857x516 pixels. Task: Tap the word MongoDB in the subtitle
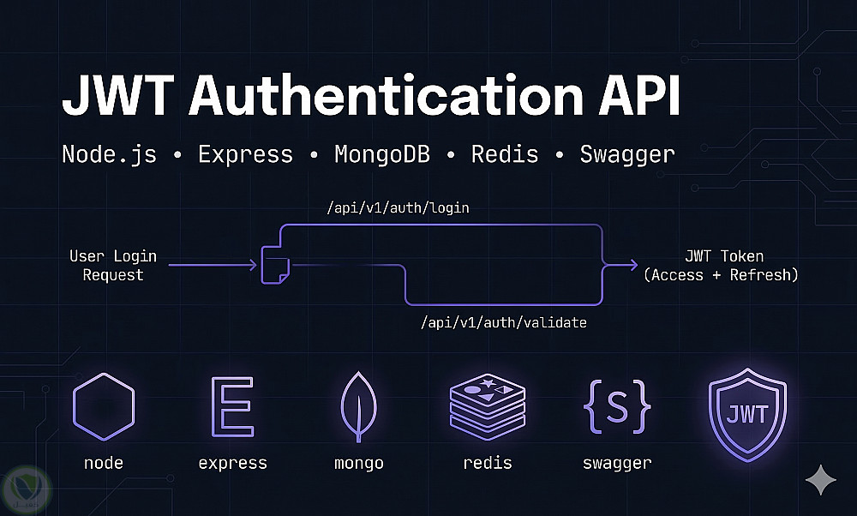tap(381, 154)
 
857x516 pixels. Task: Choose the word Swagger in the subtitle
tap(626, 154)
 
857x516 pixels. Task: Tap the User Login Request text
tap(113, 266)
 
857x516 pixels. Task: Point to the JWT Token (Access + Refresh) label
tap(724, 266)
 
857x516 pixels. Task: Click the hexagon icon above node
tap(103, 405)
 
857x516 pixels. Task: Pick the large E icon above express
tap(232, 405)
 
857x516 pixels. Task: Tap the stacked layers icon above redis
tap(487, 405)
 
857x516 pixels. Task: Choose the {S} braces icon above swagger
tap(617, 405)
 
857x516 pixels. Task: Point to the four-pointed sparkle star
tap(821, 480)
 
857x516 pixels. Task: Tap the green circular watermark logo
tap(25, 488)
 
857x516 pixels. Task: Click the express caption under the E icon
tap(232, 463)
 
